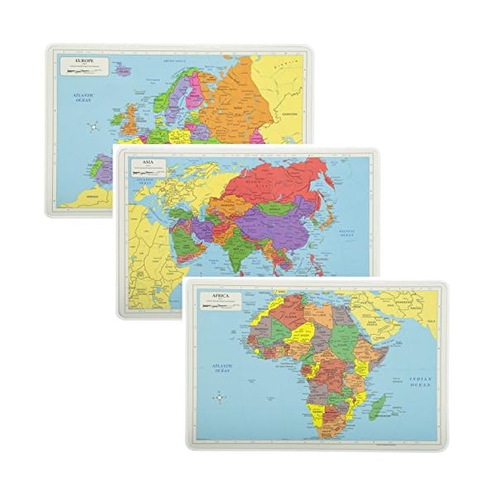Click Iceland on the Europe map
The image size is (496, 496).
coord(124,72)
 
